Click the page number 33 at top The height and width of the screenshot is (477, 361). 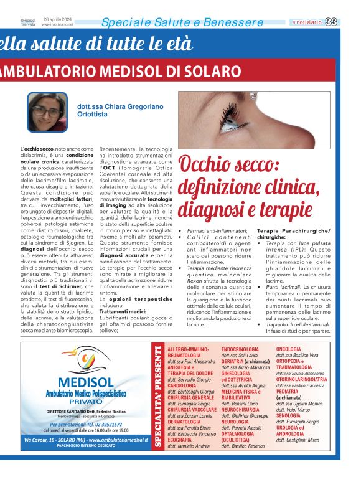click(x=349, y=22)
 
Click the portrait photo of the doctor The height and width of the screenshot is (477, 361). click(x=47, y=112)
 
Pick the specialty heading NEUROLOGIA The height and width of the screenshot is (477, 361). click(x=240, y=422)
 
